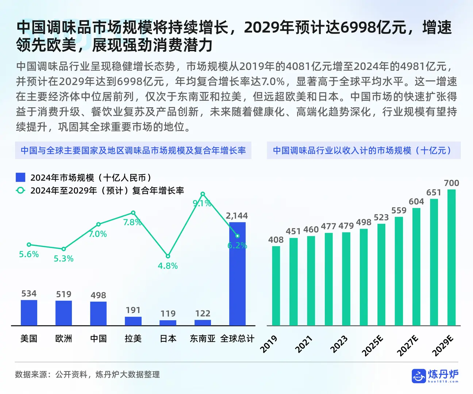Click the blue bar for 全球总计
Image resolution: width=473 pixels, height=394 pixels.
(x=237, y=274)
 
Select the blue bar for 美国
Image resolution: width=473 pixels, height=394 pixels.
(x=29, y=313)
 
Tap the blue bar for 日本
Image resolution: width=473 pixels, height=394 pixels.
(x=168, y=322)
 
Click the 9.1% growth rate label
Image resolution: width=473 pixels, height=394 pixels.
(x=202, y=203)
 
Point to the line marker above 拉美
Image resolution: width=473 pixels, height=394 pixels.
(x=133, y=213)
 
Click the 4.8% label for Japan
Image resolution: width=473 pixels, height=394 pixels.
(x=168, y=266)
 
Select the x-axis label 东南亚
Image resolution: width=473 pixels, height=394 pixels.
(x=203, y=339)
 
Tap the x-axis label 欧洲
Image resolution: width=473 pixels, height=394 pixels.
(x=64, y=339)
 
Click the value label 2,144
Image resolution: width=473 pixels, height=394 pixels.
(x=237, y=216)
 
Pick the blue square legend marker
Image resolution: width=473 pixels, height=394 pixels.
(x=20, y=177)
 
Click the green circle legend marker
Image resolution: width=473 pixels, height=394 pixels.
(x=20, y=190)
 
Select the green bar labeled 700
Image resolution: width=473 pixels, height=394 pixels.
(x=451, y=257)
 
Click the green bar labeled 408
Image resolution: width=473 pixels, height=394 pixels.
(x=276, y=286)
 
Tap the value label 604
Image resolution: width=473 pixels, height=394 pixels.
(x=416, y=201)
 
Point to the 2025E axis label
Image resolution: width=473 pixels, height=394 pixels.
(x=372, y=345)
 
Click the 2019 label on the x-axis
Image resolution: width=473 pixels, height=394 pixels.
(x=269, y=344)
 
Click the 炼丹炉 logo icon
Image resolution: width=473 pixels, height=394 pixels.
(x=418, y=376)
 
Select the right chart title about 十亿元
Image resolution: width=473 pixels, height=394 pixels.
(x=364, y=150)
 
